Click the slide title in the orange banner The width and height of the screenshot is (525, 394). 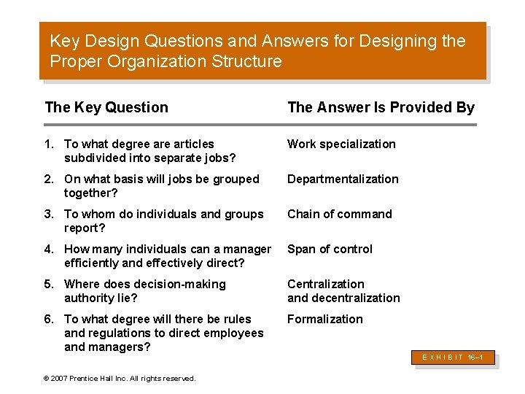click(257, 51)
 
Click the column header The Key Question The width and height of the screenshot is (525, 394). click(106, 108)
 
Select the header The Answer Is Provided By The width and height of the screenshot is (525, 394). click(381, 108)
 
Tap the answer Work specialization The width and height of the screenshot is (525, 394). click(341, 144)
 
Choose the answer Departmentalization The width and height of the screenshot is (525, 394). click(343, 179)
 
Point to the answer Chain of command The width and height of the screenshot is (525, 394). click(339, 215)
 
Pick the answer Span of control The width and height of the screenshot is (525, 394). click(330, 250)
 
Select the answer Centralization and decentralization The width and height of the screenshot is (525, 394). click(343, 291)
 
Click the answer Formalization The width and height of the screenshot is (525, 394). click(324, 320)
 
